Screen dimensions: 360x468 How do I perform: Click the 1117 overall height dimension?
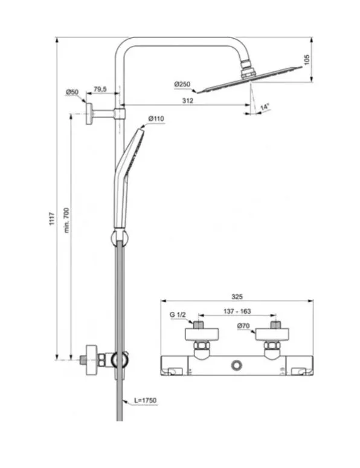pos(52,218)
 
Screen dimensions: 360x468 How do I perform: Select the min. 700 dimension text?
pos(66,220)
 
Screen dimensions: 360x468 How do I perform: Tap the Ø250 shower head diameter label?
pos(182,85)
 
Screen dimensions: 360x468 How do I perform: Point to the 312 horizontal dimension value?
pos(188,100)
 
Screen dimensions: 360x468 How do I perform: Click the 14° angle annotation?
pos(265,107)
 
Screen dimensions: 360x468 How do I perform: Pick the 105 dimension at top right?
pos(307,59)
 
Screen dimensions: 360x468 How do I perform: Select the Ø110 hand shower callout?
pos(156,119)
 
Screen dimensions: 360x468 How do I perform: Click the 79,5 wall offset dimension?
pos(100,89)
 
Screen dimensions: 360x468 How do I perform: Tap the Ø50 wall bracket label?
pos(72,92)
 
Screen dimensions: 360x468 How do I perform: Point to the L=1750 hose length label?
pos(145,400)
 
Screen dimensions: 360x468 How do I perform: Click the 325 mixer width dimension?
pos(237,297)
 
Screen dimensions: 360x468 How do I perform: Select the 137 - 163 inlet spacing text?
pos(237,311)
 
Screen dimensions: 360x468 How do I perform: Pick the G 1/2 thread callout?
pos(178,314)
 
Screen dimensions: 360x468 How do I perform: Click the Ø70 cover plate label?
pos(243,326)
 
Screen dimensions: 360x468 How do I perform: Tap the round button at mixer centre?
pos(237,365)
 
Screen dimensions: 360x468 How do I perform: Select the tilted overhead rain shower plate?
pos(250,79)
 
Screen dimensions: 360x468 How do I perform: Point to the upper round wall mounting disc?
pos(89,114)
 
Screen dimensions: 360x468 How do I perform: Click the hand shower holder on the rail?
pos(120,238)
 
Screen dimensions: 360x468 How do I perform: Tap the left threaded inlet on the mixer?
pos(198,325)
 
